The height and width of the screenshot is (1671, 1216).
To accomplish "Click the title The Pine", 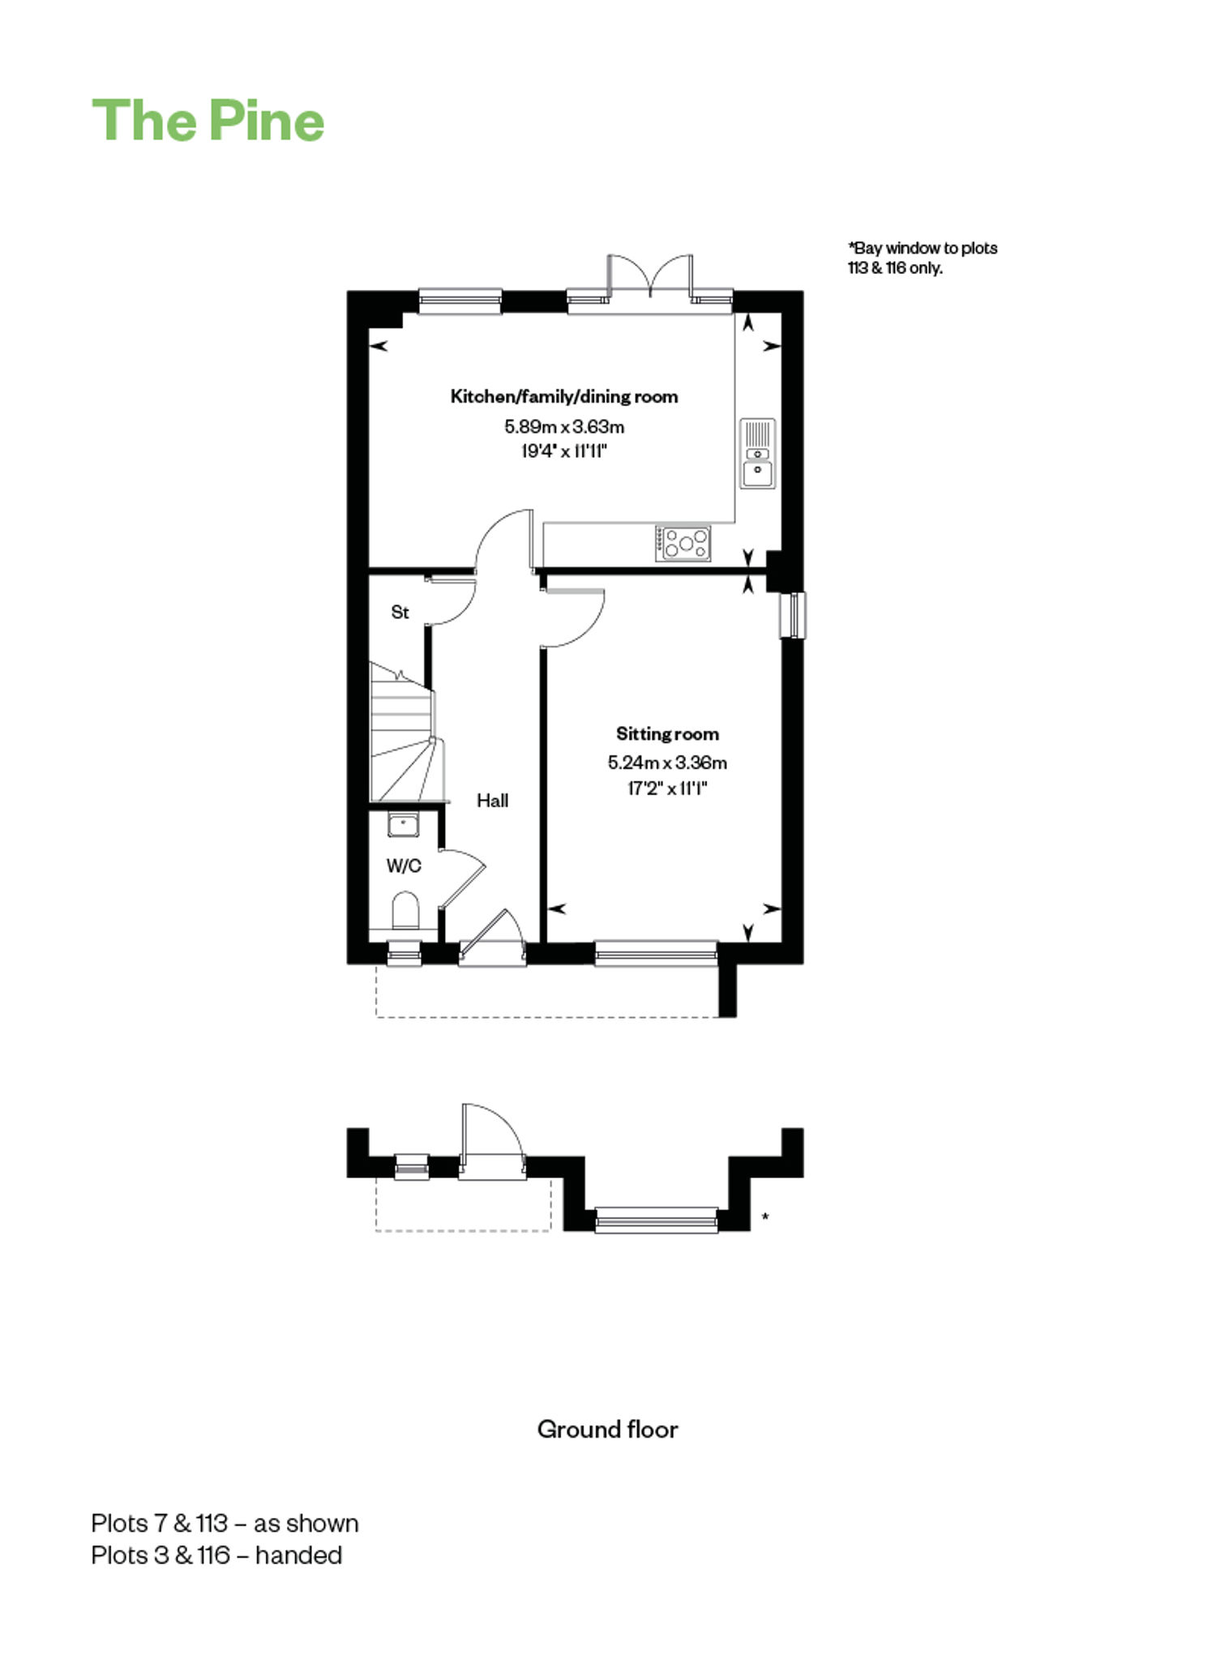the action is pyautogui.click(x=208, y=121).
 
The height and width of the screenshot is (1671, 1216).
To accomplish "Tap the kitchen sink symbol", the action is pyautogui.click(x=757, y=453).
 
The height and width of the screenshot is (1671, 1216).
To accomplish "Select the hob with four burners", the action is pyautogui.click(x=683, y=543).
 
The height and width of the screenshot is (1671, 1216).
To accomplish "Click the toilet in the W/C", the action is pyautogui.click(x=405, y=910).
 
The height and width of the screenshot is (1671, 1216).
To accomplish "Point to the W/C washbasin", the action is pyautogui.click(x=403, y=826).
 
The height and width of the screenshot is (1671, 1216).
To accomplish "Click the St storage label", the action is pyautogui.click(x=400, y=613).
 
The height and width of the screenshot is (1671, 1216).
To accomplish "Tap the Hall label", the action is pyautogui.click(x=492, y=801).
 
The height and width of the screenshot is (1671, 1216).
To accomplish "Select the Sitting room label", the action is pyautogui.click(x=667, y=734).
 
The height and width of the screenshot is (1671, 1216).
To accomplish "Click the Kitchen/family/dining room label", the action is pyautogui.click(x=564, y=396).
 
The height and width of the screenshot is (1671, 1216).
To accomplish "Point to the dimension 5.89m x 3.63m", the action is pyautogui.click(x=564, y=426).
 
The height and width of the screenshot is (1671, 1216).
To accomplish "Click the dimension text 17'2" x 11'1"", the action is pyautogui.click(x=667, y=788).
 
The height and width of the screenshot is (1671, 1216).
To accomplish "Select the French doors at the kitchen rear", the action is pyautogui.click(x=650, y=280).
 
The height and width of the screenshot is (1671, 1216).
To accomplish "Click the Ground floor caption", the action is pyautogui.click(x=607, y=1429).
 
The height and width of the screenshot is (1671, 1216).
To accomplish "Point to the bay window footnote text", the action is pyautogui.click(x=923, y=258).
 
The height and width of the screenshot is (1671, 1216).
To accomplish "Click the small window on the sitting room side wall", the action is pyautogui.click(x=793, y=616).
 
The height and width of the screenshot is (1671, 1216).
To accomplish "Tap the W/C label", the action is pyautogui.click(x=404, y=866).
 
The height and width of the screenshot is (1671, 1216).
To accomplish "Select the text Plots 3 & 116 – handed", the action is pyautogui.click(x=216, y=1555).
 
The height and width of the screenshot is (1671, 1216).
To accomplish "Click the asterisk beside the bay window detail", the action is pyautogui.click(x=765, y=1216).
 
